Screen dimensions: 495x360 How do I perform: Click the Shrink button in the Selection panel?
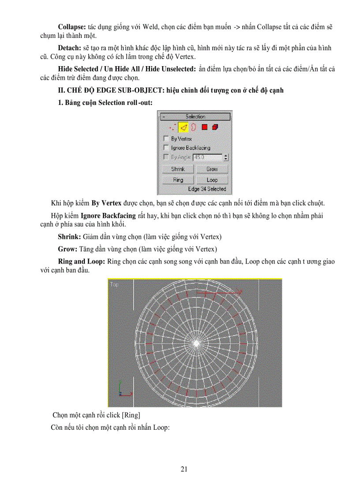[178, 169]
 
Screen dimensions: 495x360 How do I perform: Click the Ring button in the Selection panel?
[178, 180]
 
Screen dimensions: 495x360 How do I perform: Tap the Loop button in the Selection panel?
[212, 180]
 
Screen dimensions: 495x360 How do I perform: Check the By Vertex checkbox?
[166, 139]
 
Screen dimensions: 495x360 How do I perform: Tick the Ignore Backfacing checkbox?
[166, 148]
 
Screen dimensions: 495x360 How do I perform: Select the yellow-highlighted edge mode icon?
[183, 128]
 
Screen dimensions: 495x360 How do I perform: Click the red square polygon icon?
[205, 128]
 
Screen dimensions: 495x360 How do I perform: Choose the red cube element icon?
[215, 128]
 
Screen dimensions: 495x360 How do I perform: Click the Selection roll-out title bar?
[195, 117]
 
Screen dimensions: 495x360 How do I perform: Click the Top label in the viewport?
[114, 285]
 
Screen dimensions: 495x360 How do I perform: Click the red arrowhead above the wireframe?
[239, 292]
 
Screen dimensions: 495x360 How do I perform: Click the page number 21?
[184, 469]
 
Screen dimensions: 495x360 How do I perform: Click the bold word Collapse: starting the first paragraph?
[72, 27]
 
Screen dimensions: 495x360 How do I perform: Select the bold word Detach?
[70, 48]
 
